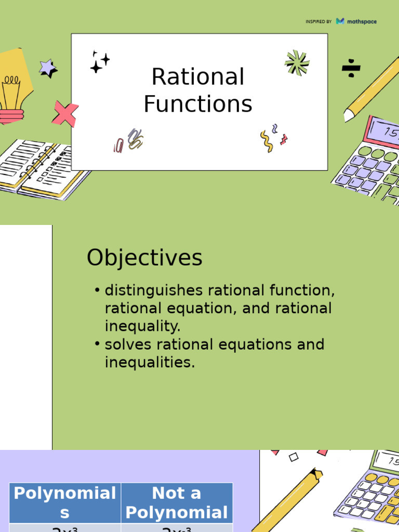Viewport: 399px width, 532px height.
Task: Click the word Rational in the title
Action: [x=198, y=77]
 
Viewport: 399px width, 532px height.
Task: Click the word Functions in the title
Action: [x=198, y=104]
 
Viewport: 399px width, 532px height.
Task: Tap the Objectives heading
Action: [x=144, y=258]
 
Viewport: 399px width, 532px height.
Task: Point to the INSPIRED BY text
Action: [x=318, y=22]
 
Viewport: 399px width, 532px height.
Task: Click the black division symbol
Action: [x=351, y=68]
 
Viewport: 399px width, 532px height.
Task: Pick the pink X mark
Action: [x=65, y=113]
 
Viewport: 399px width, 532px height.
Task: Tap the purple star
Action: [x=48, y=68]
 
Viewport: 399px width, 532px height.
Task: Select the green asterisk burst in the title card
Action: [x=297, y=63]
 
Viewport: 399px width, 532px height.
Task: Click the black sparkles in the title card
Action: [x=99, y=62]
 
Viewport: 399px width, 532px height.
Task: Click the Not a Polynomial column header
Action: [x=177, y=503]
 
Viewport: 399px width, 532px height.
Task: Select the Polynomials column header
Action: [x=65, y=503]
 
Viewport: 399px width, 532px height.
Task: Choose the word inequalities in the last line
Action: [x=150, y=363]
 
